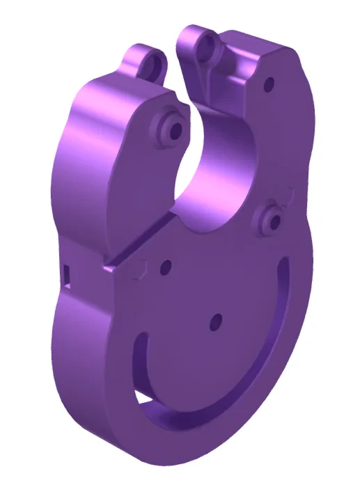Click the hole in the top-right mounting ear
[206, 47]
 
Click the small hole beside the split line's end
[166, 265]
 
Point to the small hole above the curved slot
[215, 321]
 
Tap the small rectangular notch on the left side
[66, 273]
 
